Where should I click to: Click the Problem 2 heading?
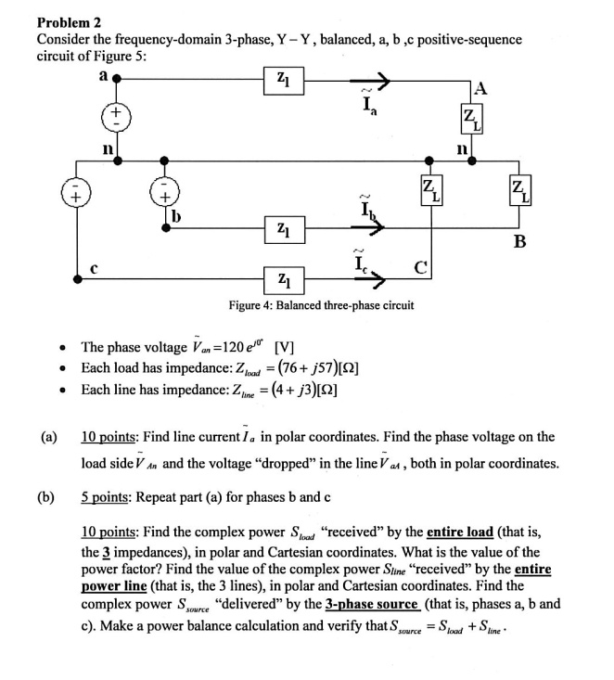point(68,22)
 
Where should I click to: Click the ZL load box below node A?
point(471,117)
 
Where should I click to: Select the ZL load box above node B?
point(518,196)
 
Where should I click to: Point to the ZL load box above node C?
point(429,196)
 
